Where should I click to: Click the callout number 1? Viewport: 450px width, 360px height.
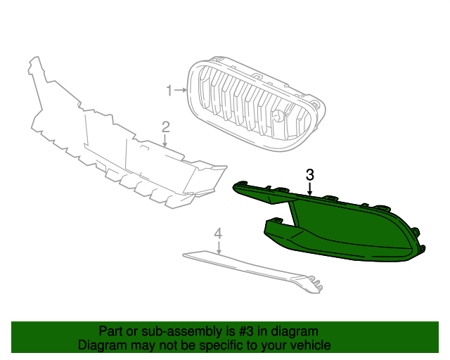tap(169, 90)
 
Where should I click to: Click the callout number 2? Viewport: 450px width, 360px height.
tap(166, 127)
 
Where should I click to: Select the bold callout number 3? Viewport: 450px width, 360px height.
tap(309, 174)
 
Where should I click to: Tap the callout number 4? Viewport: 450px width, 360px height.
tap(218, 232)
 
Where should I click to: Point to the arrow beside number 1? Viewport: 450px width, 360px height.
tap(181, 90)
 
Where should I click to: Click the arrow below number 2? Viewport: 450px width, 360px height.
tap(166, 140)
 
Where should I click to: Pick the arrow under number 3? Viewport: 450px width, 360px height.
tap(309, 188)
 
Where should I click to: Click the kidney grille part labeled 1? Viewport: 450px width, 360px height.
tap(253, 105)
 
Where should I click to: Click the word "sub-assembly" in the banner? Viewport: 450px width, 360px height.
tap(165, 331)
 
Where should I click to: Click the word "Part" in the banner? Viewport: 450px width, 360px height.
tap(111, 331)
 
